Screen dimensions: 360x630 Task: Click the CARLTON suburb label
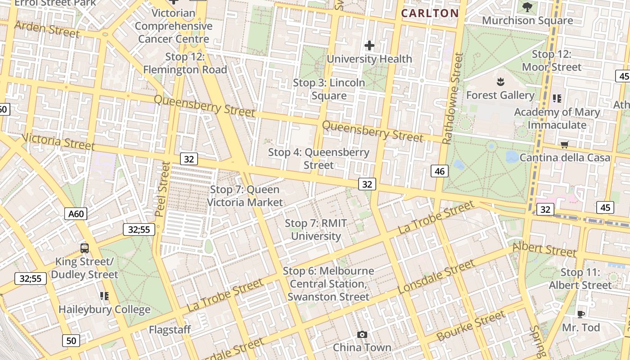430,13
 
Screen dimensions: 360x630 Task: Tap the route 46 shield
440,171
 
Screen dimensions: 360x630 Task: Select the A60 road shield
76,214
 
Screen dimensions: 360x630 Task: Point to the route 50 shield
71,341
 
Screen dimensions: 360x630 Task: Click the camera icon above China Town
362,334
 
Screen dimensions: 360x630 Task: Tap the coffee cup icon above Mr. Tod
580,314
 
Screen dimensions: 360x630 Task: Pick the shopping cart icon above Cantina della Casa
564,144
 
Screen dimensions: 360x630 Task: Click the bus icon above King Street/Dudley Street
84,248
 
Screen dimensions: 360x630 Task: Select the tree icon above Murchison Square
527,7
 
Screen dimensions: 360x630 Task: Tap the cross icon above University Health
369,45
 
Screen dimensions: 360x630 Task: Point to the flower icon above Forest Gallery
500,82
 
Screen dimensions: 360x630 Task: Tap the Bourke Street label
471,326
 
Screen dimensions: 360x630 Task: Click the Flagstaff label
170,330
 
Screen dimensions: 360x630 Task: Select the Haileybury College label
104,310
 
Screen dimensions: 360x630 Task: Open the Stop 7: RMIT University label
316,229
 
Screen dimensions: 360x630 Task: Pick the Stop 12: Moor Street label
552,61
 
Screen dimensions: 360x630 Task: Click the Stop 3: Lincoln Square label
329,89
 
